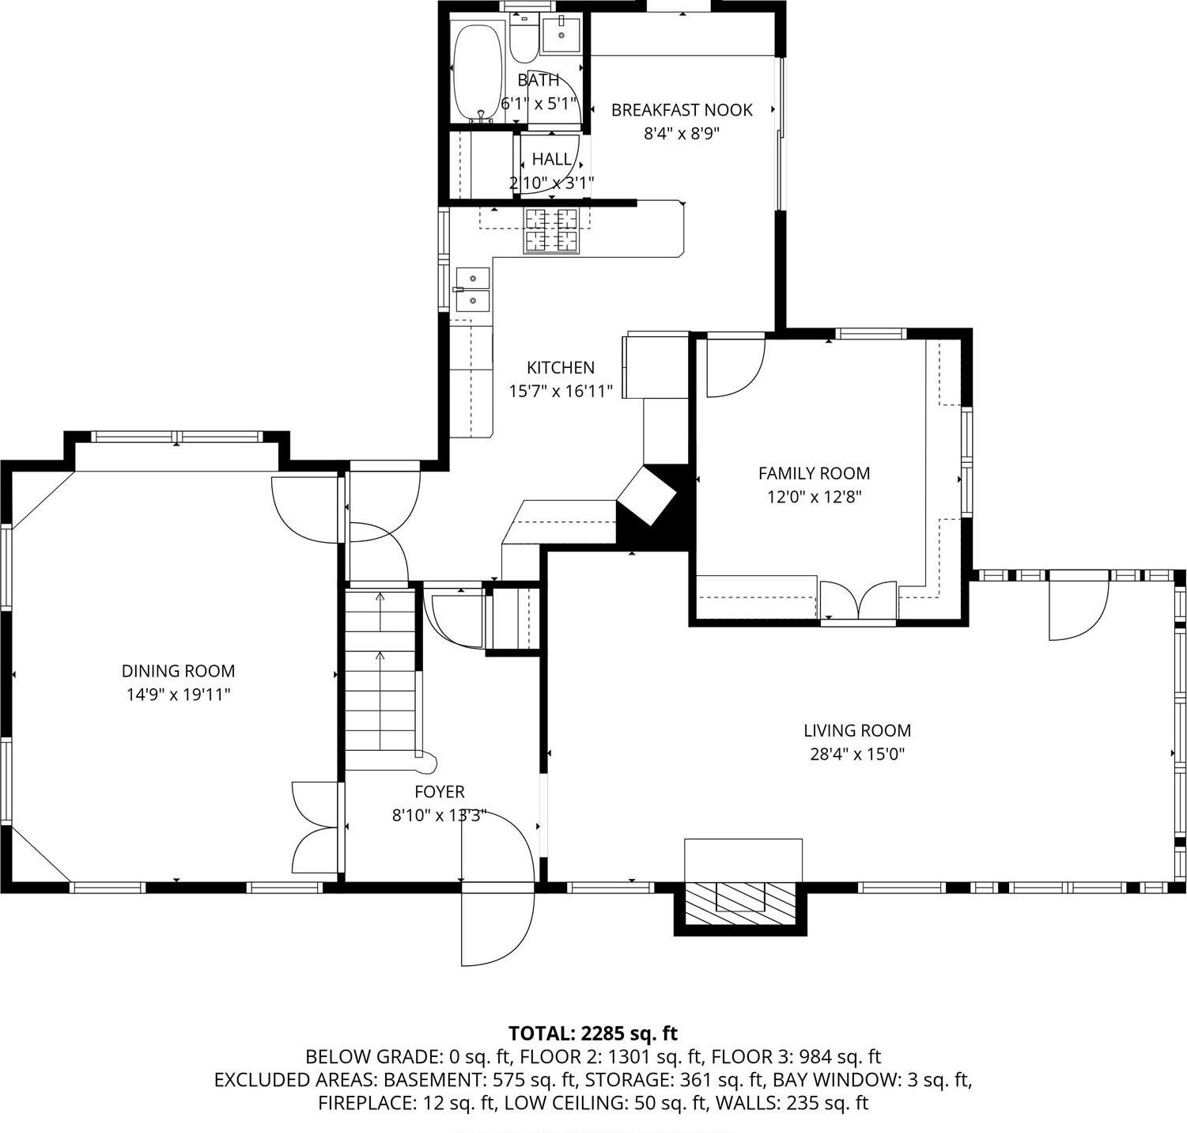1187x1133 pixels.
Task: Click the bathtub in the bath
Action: pos(478,71)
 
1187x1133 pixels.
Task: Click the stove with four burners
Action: pos(551,230)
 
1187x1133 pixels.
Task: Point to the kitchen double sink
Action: pos(472,290)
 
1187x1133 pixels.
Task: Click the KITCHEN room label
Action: pos(560,367)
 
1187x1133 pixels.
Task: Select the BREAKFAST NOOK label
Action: pos(682,110)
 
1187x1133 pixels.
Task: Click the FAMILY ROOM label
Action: pos(814,473)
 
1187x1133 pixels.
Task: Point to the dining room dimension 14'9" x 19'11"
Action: pos(178,695)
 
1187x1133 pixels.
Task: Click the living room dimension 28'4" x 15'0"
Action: pos(857,754)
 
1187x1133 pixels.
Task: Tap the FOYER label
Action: pos(439,792)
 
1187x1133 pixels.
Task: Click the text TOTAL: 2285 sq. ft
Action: pos(593,1033)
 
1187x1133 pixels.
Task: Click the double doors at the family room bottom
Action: pos(858,600)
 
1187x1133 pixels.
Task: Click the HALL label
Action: pos(551,159)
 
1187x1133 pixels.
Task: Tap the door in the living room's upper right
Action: pos(1078,609)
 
